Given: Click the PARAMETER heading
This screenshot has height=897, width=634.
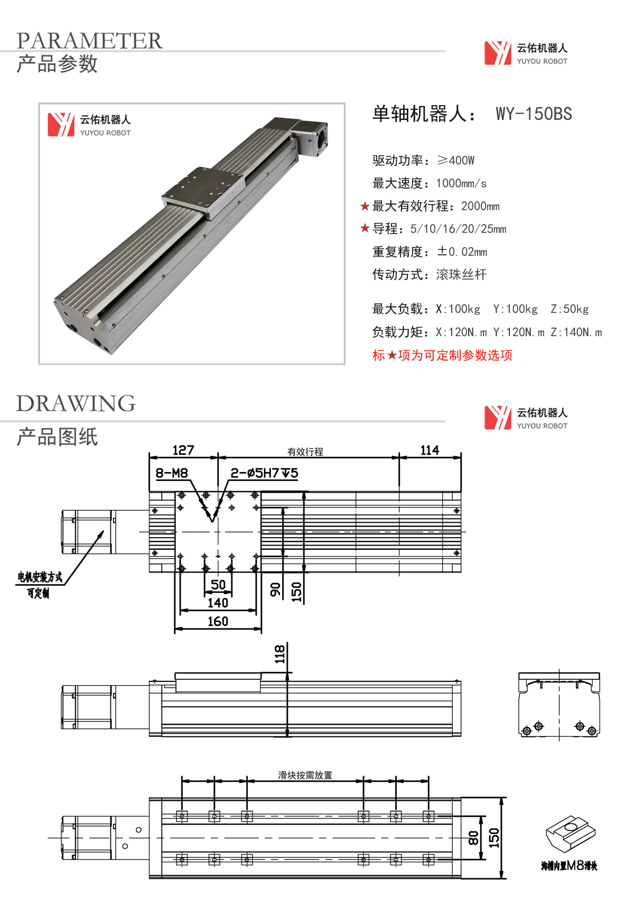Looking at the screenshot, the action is click(x=89, y=41).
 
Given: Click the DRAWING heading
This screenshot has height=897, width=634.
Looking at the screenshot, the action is click(x=76, y=403).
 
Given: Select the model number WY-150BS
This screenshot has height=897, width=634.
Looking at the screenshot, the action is click(x=534, y=114).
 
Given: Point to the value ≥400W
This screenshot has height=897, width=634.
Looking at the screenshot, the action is click(x=455, y=161).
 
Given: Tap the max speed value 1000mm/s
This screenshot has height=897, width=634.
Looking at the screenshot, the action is click(x=461, y=183).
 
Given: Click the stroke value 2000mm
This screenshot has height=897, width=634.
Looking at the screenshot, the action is click(x=480, y=206).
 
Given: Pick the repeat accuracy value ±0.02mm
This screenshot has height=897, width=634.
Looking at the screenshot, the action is click(x=462, y=252).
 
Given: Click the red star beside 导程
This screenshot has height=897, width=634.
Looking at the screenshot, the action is click(x=365, y=228).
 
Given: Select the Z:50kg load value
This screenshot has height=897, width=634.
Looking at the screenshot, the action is click(x=570, y=309).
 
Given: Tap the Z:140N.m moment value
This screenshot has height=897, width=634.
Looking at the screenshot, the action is click(x=576, y=332).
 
